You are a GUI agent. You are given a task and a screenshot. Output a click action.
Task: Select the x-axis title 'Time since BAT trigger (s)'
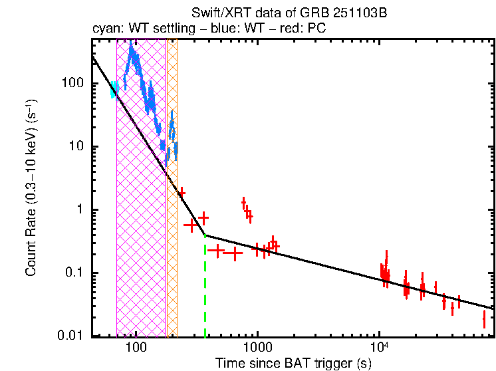tap(293, 363)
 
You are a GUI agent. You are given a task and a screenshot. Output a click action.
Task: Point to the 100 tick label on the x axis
tap(136, 348)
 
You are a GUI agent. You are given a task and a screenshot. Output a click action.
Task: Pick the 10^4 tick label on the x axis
tap(379, 346)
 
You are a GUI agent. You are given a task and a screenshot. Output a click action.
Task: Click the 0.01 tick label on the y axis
tap(72, 336)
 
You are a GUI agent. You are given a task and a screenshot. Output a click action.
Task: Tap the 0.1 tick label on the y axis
tap(76, 273)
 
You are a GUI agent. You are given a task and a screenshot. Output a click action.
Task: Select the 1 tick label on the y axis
tap(82, 210)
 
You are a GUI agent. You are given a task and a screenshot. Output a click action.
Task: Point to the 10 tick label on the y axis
tap(78, 147)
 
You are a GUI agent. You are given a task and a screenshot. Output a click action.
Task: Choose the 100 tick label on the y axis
tap(75, 84)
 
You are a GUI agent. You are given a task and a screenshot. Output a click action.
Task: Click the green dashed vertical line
tap(205, 293)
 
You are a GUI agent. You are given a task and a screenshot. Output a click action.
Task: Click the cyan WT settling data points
tap(114, 90)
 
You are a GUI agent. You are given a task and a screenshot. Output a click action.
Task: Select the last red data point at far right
tap(484, 320)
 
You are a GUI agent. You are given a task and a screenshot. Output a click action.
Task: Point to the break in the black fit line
tap(205, 235)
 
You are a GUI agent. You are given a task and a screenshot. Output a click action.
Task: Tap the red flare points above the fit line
tap(247, 209)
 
